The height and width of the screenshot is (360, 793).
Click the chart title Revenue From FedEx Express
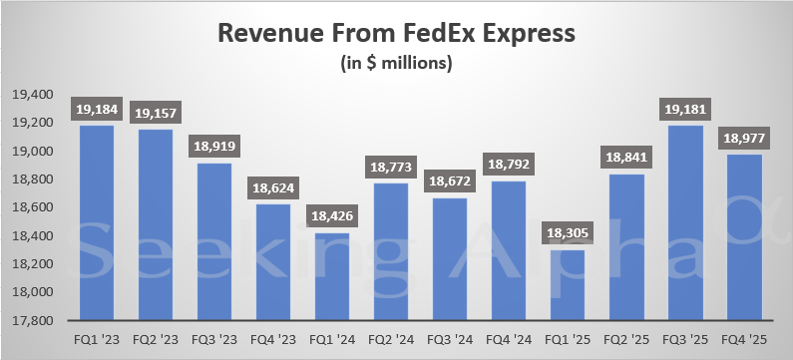click(x=396, y=33)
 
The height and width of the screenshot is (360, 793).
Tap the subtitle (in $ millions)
click(x=396, y=65)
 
